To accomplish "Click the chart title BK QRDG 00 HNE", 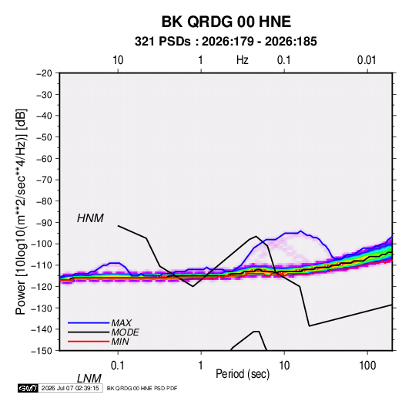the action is click(x=226, y=22).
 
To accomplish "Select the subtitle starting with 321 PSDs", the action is click(x=226, y=42).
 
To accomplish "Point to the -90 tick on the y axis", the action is click(x=42, y=223).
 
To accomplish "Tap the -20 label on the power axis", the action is click(x=44, y=73).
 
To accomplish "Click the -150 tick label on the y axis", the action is click(x=42, y=351).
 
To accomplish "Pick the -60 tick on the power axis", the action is click(x=42, y=158).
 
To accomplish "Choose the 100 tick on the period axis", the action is click(x=367, y=366).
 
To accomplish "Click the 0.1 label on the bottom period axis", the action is click(x=118, y=366).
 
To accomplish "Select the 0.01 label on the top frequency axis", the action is click(x=367, y=60).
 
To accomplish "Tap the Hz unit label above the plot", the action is click(x=243, y=60).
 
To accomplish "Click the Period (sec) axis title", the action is click(x=243, y=374).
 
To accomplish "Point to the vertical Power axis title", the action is click(x=21, y=211).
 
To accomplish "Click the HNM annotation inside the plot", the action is click(x=90, y=218).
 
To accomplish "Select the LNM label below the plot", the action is click(x=89, y=379).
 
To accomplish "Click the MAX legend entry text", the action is click(x=121, y=322).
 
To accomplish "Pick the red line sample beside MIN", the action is click(x=89, y=342).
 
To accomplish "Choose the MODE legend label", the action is click(x=125, y=332).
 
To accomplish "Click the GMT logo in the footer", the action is click(x=28, y=388).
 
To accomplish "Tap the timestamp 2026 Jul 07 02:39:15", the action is click(x=70, y=388).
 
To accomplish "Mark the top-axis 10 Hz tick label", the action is click(x=118, y=60).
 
